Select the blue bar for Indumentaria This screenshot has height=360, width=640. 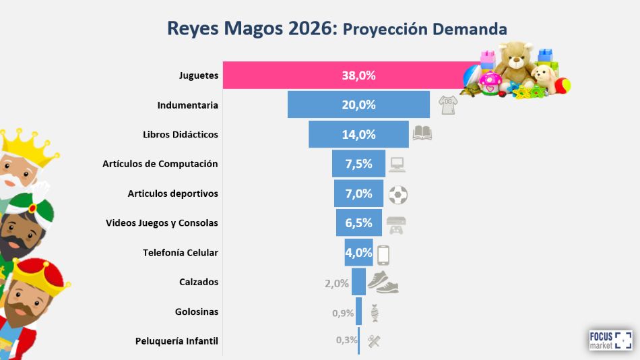pyautogui.click(x=358, y=105)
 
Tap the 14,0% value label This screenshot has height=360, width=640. pyautogui.click(x=358, y=134)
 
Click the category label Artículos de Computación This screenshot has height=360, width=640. pyautogui.click(x=160, y=164)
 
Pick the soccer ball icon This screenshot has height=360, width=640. pyautogui.click(x=398, y=196)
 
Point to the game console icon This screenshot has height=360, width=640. pyautogui.click(x=395, y=224)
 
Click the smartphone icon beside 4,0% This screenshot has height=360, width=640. pyautogui.click(x=383, y=255)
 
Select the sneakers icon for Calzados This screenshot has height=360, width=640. pyautogui.click(x=383, y=282)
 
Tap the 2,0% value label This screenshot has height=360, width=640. pyautogui.click(x=337, y=283)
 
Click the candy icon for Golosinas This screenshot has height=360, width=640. pyautogui.click(x=375, y=313)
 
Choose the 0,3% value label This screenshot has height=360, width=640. pyautogui.click(x=346, y=340)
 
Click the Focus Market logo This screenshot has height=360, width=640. pyautogui.click(x=610, y=340)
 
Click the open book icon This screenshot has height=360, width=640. pyautogui.click(x=422, y=133)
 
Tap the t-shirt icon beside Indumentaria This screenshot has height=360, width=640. pyautogui.click(x=447, y=104)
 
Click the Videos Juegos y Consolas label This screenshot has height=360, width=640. pyautogui.click(x=162, y=222)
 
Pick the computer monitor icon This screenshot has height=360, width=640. pyautogui.click(x=397, y=164)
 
